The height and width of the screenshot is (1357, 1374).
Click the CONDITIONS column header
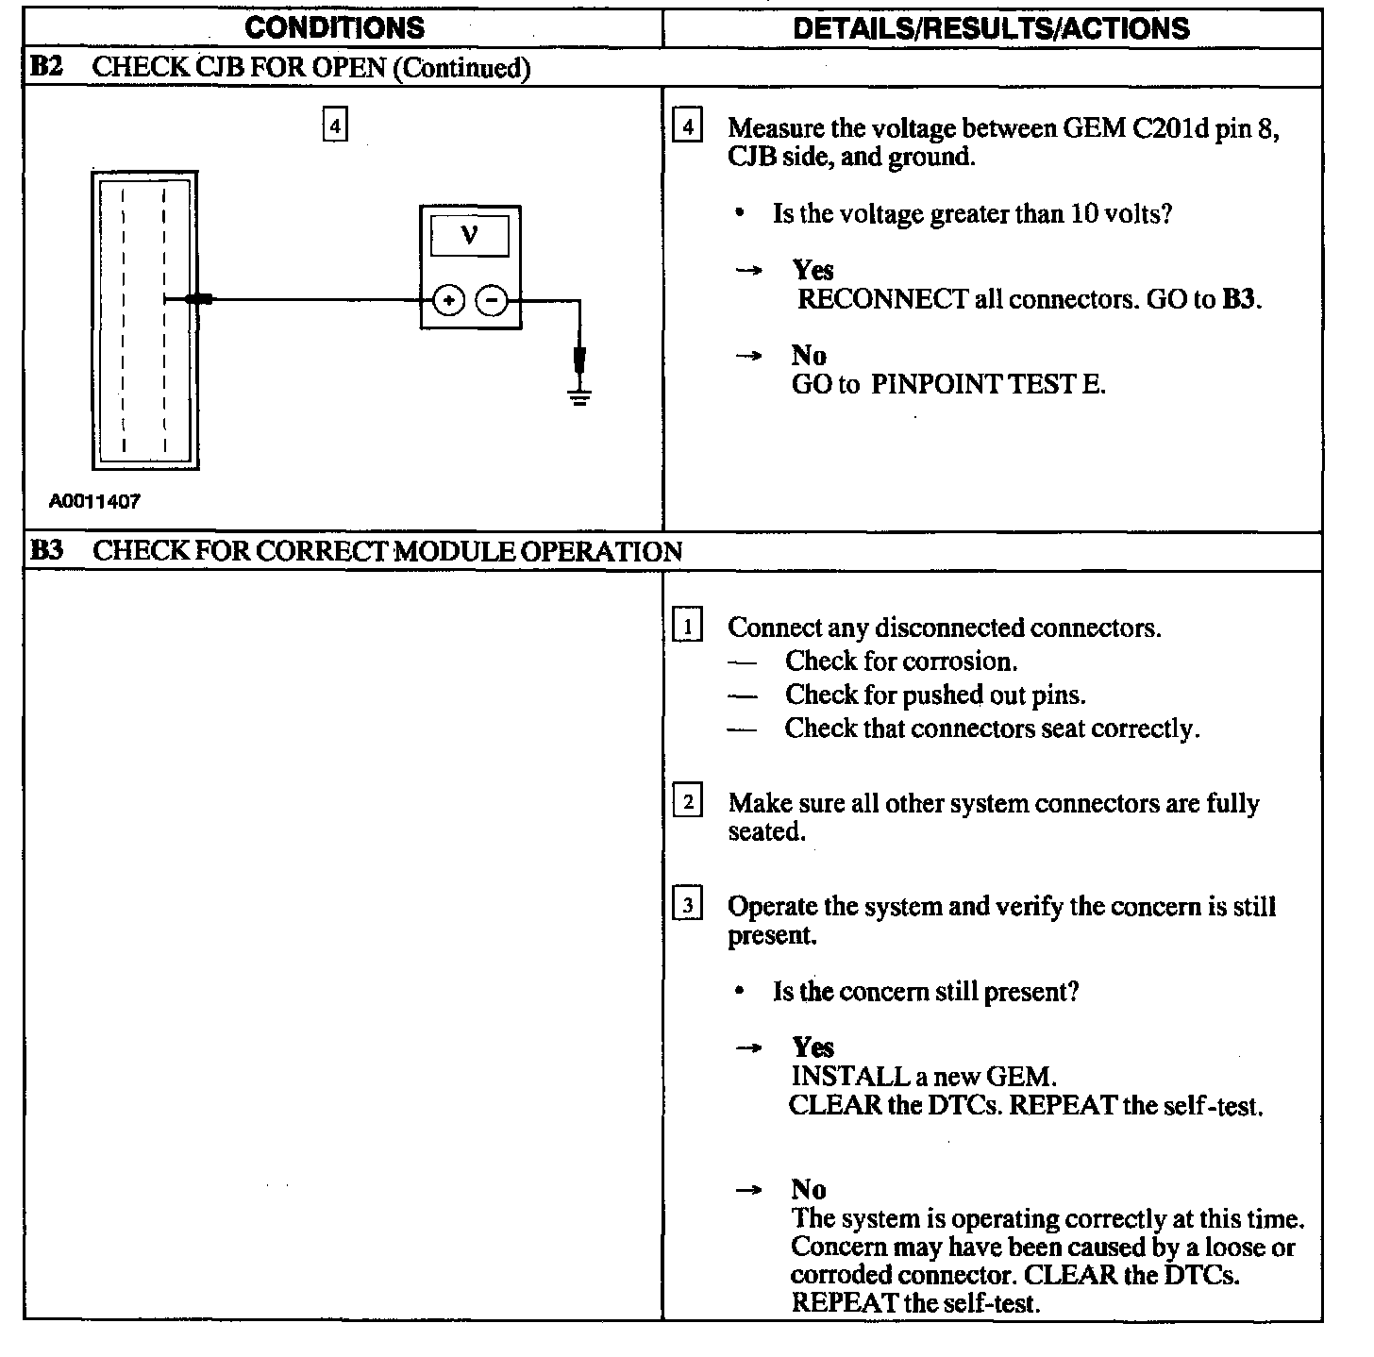[334, 28]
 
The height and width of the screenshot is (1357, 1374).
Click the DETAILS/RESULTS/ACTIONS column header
[991, 28]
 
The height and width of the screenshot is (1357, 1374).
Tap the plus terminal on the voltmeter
[449, 301]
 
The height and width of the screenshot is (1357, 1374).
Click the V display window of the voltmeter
[470, 236]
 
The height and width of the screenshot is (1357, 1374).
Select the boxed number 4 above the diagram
[335, 126]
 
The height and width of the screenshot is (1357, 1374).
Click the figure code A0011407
[94, 502]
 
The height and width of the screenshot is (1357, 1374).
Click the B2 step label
[46, 68]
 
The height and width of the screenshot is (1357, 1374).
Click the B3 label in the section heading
[46, 551]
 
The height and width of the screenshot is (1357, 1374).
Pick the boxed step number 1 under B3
[688, 627]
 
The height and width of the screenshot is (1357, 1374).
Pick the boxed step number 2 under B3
[688, 803]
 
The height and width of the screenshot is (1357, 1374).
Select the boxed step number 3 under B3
[688, 906]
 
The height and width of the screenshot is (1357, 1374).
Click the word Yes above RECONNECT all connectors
[813, 271]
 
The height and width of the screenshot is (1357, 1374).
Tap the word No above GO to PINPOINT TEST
[809, 356]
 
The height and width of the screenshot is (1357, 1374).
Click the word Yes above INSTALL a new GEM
[813, 1047]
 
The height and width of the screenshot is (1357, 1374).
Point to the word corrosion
[968, 662]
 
